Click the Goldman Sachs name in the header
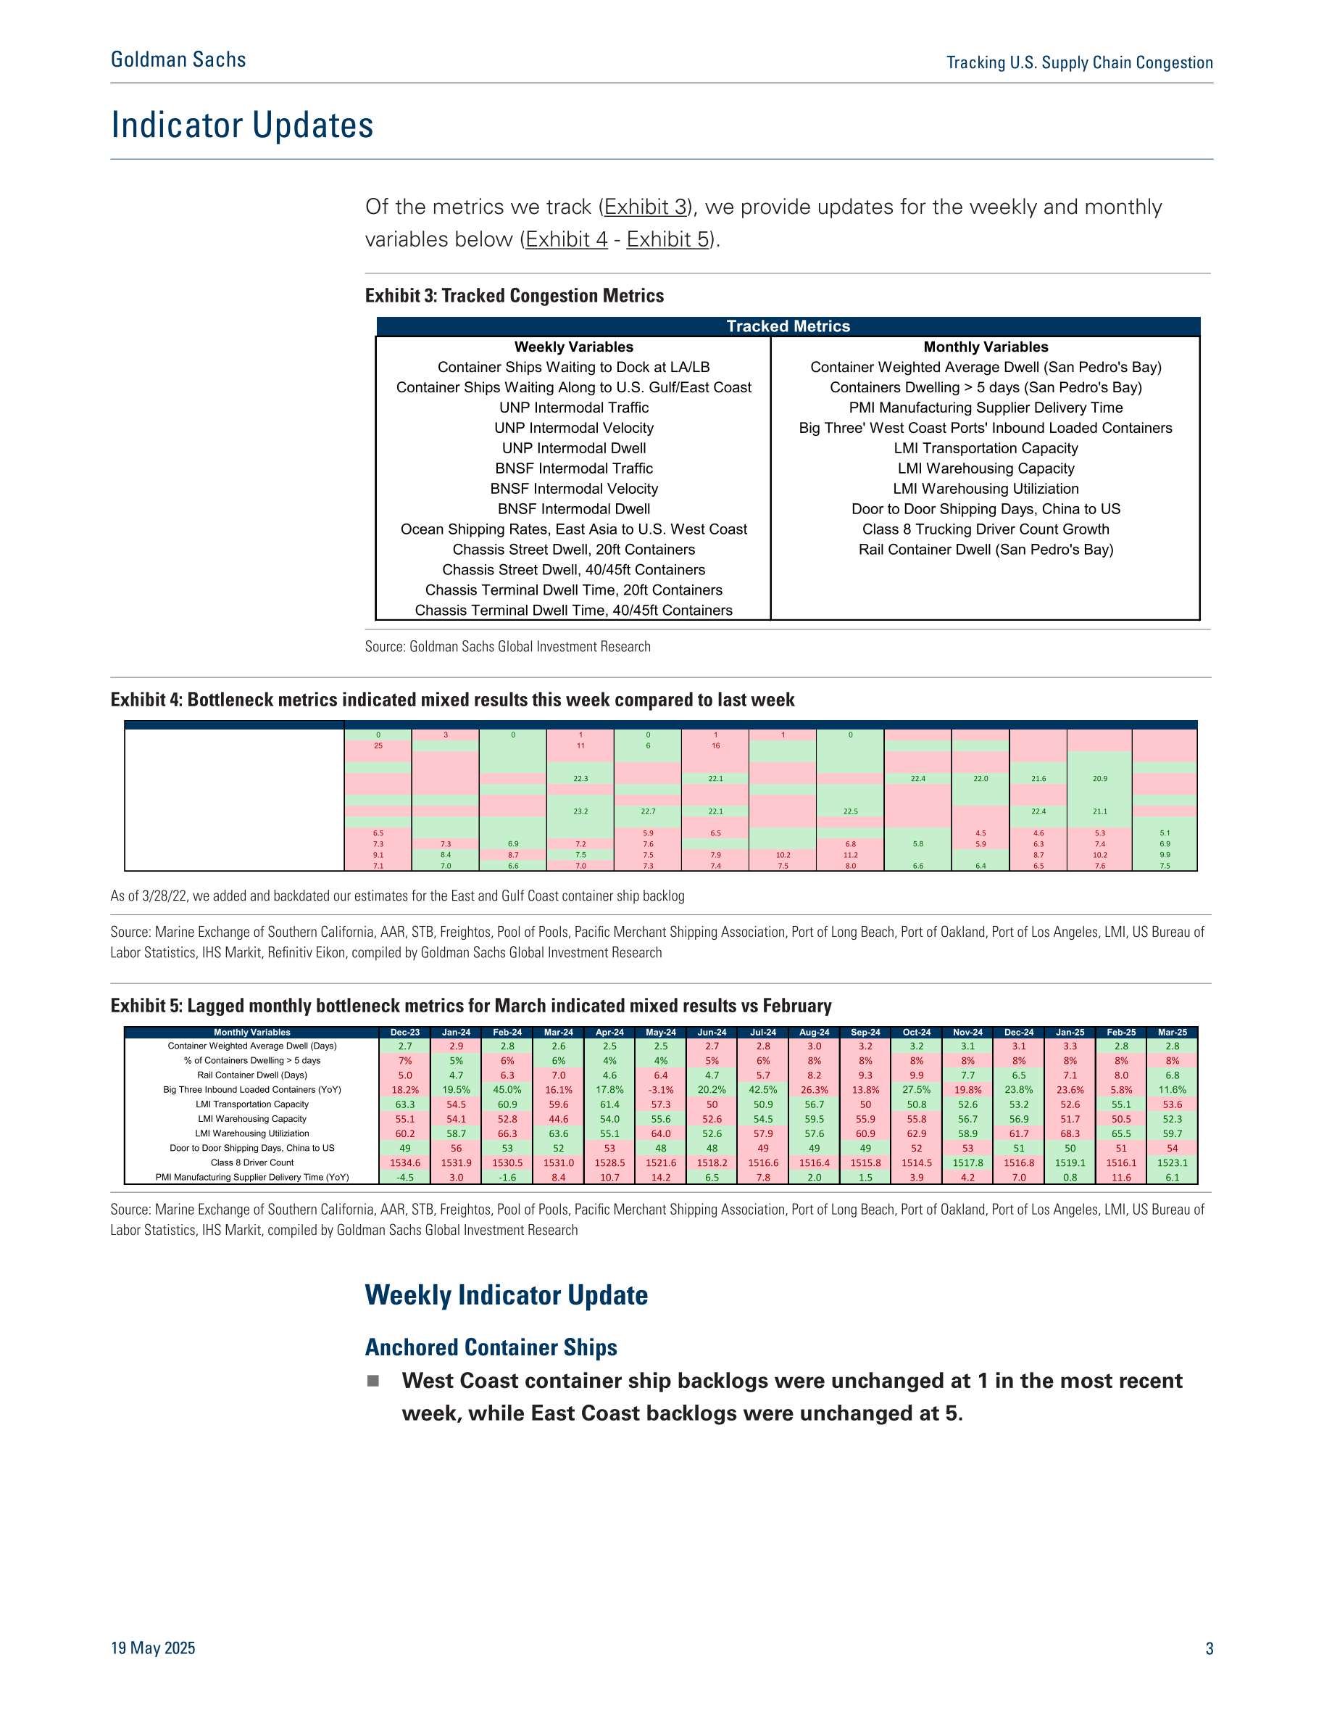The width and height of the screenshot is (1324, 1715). click(x=178, y=59)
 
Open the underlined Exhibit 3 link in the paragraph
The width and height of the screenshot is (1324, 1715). click(x=646, y=207)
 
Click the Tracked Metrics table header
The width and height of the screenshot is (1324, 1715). click(x=788, y=326)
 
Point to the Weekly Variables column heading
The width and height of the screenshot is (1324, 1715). click(x=574, y=347)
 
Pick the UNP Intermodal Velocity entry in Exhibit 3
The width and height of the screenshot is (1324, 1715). click(x=574, y=428)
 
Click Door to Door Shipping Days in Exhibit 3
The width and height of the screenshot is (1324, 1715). click(x=986, y=509)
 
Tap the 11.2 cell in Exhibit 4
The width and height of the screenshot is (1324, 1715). click(x=850, y=854)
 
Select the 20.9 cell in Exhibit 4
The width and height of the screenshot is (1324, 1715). click(x=1099, y=778)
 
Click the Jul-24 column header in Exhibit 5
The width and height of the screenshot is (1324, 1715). click(x=763, y=1032)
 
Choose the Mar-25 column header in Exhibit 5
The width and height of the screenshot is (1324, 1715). click(x=1172, y=1032)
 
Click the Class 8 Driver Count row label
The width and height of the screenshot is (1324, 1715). click(x=252, y=1162)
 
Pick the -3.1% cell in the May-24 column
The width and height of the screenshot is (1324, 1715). click(x=661, y=1090)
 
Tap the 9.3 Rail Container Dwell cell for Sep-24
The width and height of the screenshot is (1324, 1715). click(x=865, y=1075)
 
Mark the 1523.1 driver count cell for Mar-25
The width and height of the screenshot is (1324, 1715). click(x=1172, y=1163)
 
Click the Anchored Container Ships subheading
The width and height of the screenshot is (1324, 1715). click(x=491, y=1347)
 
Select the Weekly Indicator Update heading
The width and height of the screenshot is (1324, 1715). click(x=507, y=1295)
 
